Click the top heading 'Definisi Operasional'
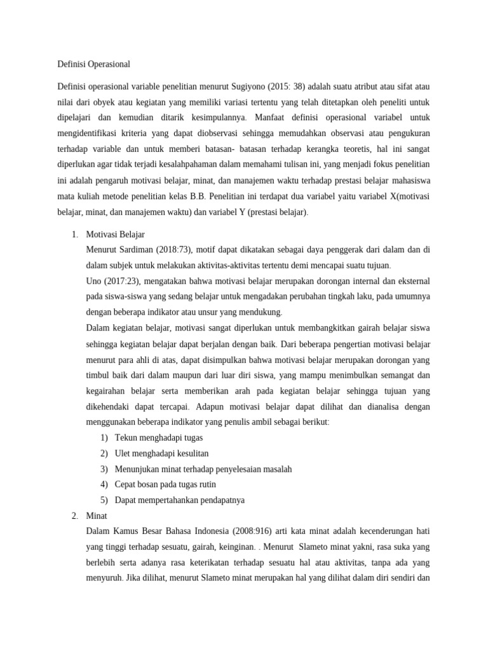[x=93, y=64]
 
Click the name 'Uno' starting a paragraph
[x=94, y=280]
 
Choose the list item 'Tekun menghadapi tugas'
[x=159, y=438]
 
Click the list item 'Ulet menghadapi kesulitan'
[x=161, y=453]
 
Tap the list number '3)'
[x=104, y=469]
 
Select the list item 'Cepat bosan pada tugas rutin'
[x=165, y=484]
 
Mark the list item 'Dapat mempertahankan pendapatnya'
[x=179, y=500]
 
